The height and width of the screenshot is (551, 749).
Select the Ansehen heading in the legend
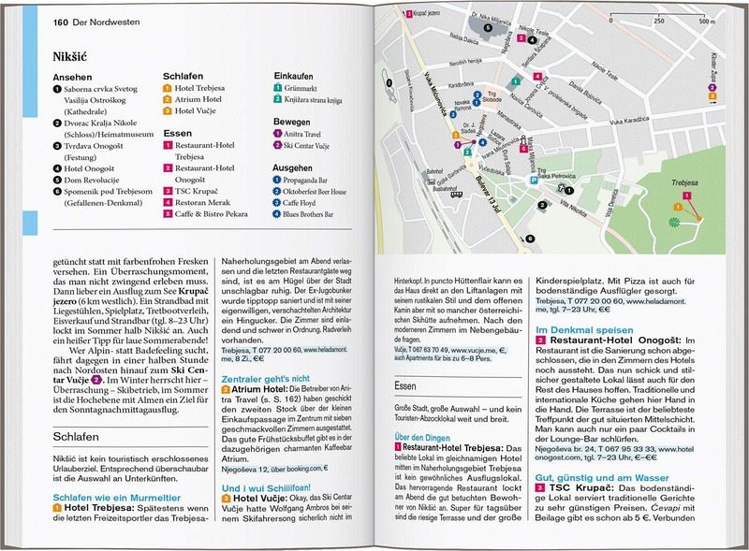pos(72,77)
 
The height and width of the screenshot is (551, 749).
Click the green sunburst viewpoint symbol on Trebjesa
pos(672,222)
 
